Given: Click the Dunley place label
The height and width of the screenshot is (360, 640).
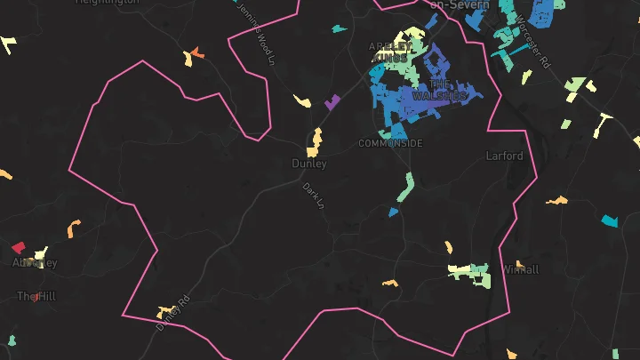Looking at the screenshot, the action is pos(309,164).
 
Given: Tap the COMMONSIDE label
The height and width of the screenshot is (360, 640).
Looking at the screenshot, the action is pos(390,143).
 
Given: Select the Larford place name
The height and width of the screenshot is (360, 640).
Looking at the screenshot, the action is pos(504,156).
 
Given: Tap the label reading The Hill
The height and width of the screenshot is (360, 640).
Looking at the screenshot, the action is pos(36,296).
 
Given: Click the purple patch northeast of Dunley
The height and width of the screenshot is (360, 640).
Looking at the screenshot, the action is pos(332,101).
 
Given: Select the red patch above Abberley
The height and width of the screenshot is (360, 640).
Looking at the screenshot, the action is pos(18,247).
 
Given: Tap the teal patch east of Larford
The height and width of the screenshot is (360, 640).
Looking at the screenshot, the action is pos(609,220).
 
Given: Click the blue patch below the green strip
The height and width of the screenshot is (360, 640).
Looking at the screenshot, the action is pos(394,212).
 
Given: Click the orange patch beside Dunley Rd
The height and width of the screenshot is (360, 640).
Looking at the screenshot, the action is pos(165,312).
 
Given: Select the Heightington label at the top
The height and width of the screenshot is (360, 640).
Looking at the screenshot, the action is pos(107,3).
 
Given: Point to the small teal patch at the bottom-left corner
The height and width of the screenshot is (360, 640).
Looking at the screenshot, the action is pos(12,340).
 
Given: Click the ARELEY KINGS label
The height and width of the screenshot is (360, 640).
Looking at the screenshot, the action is pos(391,52).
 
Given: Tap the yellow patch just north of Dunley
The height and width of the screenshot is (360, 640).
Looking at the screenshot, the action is pos(316,139).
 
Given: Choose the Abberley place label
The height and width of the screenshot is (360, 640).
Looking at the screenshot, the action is pos(35,263).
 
